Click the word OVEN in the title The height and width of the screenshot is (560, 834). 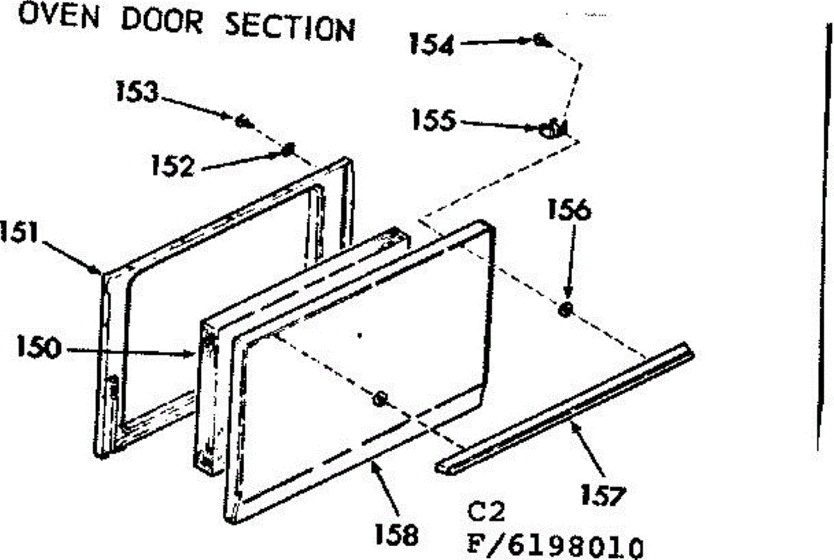[59, 17]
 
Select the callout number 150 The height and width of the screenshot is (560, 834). [39, 346]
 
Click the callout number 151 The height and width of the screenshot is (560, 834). [19, 232]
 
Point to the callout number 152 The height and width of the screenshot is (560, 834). [173, 166]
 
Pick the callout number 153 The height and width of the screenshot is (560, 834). [138, 92]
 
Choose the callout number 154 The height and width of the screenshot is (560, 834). [432, 44]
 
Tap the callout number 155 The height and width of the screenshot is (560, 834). [434, 120]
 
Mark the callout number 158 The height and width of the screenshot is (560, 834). [396, 534]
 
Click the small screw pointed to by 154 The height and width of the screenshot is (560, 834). [541, 40]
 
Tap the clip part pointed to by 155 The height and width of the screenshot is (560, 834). [554, 128]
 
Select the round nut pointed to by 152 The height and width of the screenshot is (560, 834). [288, 150]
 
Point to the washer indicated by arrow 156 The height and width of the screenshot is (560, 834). [566, 310]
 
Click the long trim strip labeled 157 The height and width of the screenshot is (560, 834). [565, 408]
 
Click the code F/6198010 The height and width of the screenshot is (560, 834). [555, 545]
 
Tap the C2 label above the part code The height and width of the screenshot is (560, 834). [486, 511]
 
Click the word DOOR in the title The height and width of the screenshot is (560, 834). [163, 21]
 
